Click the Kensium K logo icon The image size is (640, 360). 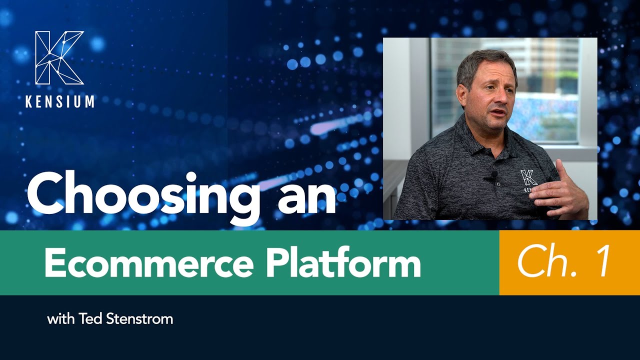59,57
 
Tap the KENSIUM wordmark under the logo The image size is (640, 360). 59,101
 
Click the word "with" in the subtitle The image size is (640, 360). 61,319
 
